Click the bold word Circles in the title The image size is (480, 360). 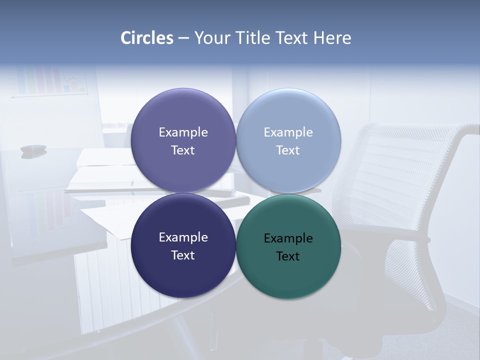coord(147,38)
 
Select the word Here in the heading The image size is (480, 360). coord(332,38)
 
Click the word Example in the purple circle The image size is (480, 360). coord(183,132)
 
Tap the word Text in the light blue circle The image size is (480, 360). coord(288,150)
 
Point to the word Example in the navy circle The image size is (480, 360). coord(183,237)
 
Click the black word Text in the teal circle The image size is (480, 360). coord(288,256)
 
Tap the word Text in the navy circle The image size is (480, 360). coord(183,255)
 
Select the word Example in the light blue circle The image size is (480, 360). coord(288,132)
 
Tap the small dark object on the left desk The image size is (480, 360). coord(33,148)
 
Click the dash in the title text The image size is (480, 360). coord(183,38)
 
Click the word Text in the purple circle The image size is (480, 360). coord(183,150)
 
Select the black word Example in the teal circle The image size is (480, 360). coord(288,238)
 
